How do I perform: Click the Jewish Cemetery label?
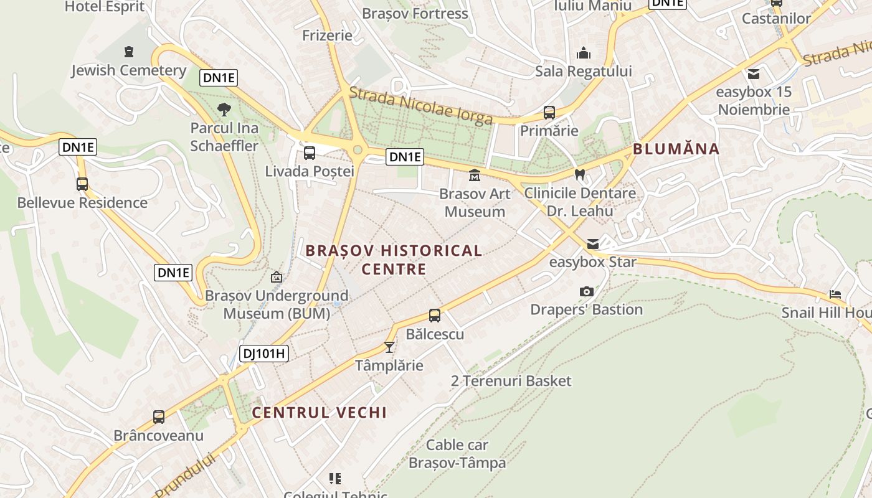click(x=128, y=70)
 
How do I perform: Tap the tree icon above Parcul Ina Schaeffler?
click(x=224, y=110)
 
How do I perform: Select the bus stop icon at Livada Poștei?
click(x=309, y=153)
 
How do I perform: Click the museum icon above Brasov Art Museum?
click(x=475, y=176)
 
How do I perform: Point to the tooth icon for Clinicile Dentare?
click(x=580, y=175)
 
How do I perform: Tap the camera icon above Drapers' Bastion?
click(x=586, y=291)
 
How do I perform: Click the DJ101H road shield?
click(x=264, y=354)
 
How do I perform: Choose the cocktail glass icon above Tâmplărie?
click(x=389, y=347)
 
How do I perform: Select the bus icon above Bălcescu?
click(x=435, y=316)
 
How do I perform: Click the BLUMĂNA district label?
click(x=676, y=149)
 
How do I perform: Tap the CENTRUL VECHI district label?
click(x=320, y=412)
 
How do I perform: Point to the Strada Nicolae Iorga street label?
click(x=421, y=105)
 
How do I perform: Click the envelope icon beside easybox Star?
click(x=592, y=244)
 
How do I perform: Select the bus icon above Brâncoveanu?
click(x=159, y=416)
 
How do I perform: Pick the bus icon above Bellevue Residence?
click(x=82, y=184)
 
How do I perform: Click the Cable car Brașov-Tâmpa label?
click(x=457, y=454)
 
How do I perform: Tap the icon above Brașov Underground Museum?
click(x=277, y=277)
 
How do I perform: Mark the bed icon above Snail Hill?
click(x=835, y=294)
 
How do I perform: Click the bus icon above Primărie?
click(x=549, y=113)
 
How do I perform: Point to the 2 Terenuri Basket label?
click(x=511, y=381)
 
